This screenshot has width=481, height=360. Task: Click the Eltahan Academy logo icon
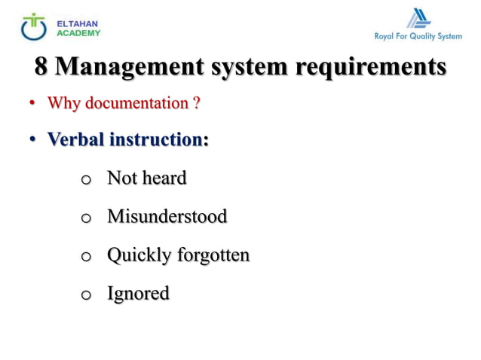tap(34, 26)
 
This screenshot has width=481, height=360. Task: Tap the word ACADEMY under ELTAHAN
tap(78, 33)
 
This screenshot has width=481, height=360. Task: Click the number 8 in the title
tap(41, 66)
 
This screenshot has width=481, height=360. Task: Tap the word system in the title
tap(249, 67)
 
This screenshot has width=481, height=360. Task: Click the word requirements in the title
tap(370, 67)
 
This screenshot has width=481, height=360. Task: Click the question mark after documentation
tap(196, 103)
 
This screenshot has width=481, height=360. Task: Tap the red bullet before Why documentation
tap(33, 104)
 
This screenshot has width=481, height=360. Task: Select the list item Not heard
tap(146, 178)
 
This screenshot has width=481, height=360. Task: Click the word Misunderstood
tap(167, 216)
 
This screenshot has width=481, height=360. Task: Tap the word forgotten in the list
tap(213, 255)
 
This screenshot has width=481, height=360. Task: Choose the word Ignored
tap(138, 294)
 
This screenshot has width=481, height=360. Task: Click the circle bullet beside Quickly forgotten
tap(85, 257)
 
